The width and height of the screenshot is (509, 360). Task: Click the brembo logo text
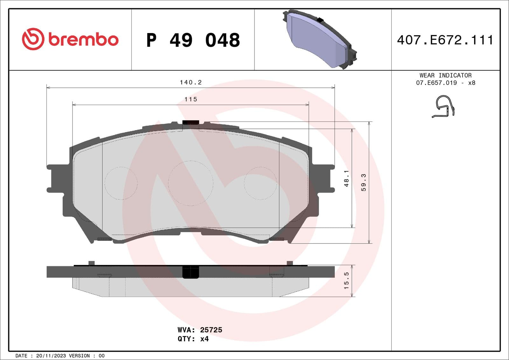(x=83, y=39)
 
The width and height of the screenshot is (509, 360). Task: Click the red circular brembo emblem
(x=33, y=39)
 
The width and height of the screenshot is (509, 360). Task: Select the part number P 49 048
(x=193, y=40)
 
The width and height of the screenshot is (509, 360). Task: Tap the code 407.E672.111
(x=445, y=40)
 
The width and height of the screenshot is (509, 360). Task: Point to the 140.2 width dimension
(x=191, y=82)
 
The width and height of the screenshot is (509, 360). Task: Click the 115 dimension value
(x=191, y=99)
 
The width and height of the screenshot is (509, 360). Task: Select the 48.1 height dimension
(x=346, y=178)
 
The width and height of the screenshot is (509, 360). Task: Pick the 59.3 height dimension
(x=364, y=182)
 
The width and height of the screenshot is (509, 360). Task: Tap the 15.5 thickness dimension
(x=346, y=280)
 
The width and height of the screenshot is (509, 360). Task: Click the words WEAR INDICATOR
(x=445, y=75)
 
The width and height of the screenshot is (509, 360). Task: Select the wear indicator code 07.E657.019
(x=436, y=83)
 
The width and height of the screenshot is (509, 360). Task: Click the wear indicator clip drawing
(x=444, y=107)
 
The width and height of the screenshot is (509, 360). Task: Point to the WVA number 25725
(x=211, y=330)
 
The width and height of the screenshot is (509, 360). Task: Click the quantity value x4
(x=204, y=339)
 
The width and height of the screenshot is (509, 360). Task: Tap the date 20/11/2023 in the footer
(x=51, y=356)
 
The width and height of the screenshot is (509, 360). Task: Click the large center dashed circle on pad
(x=191, y=183)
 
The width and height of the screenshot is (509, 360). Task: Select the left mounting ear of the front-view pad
(x=57, y=178)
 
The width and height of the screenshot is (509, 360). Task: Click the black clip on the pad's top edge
(x=191, y=122)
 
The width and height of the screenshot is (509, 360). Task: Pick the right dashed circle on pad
(x=260, y=183)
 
